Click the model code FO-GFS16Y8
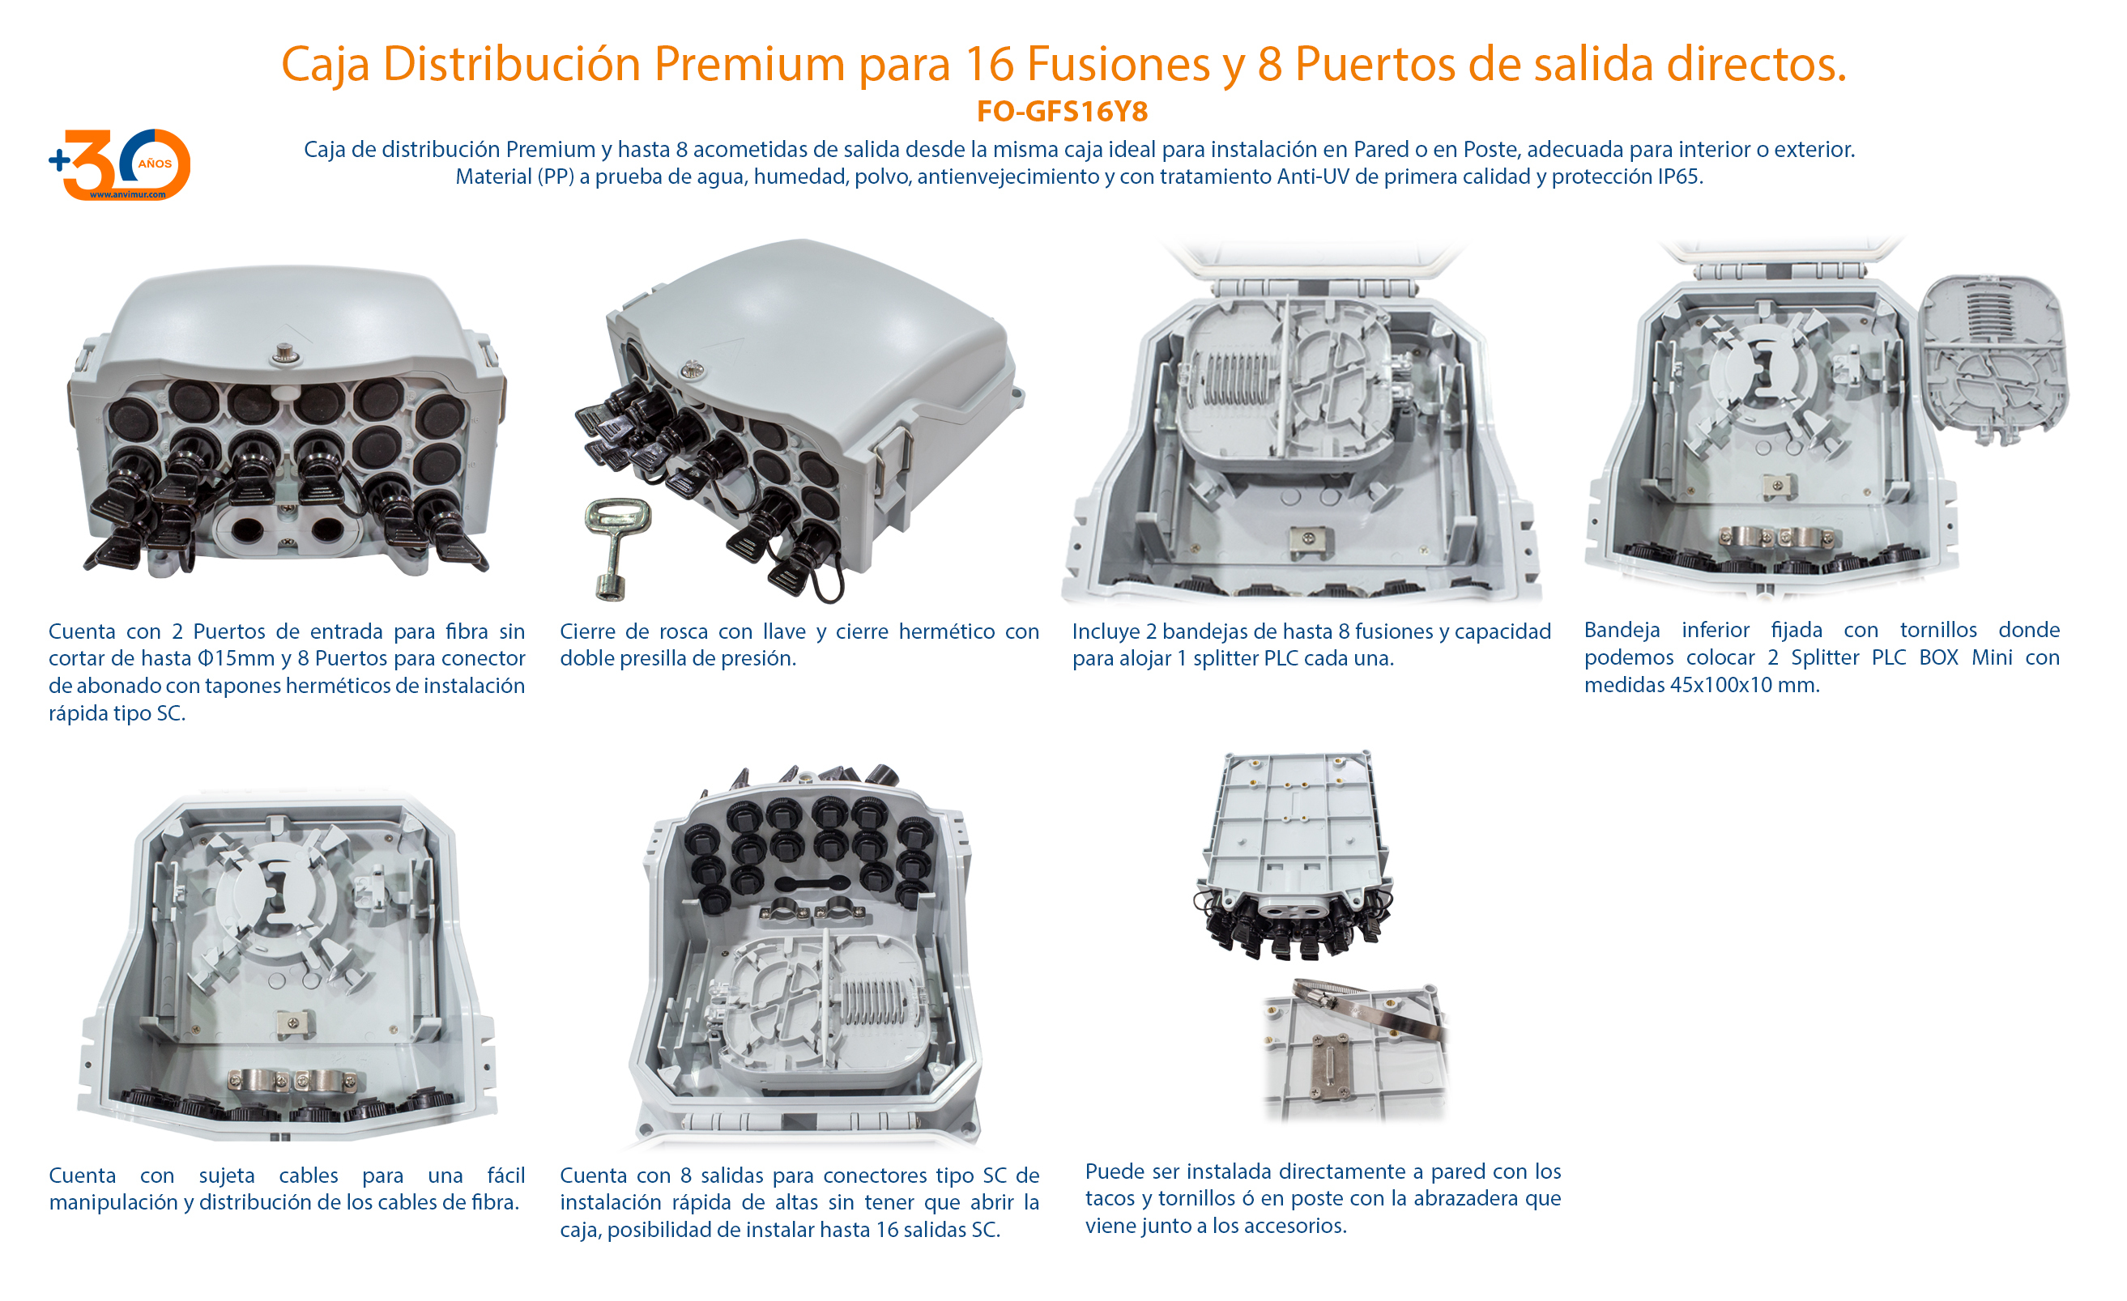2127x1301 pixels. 1062,111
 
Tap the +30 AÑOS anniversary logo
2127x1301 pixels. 121,164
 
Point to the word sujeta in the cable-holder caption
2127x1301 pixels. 226,1176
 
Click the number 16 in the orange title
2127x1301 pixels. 989,64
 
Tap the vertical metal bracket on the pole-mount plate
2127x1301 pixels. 1329,1068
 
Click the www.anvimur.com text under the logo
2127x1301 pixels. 127,195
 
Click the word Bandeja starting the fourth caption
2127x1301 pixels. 1621,631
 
